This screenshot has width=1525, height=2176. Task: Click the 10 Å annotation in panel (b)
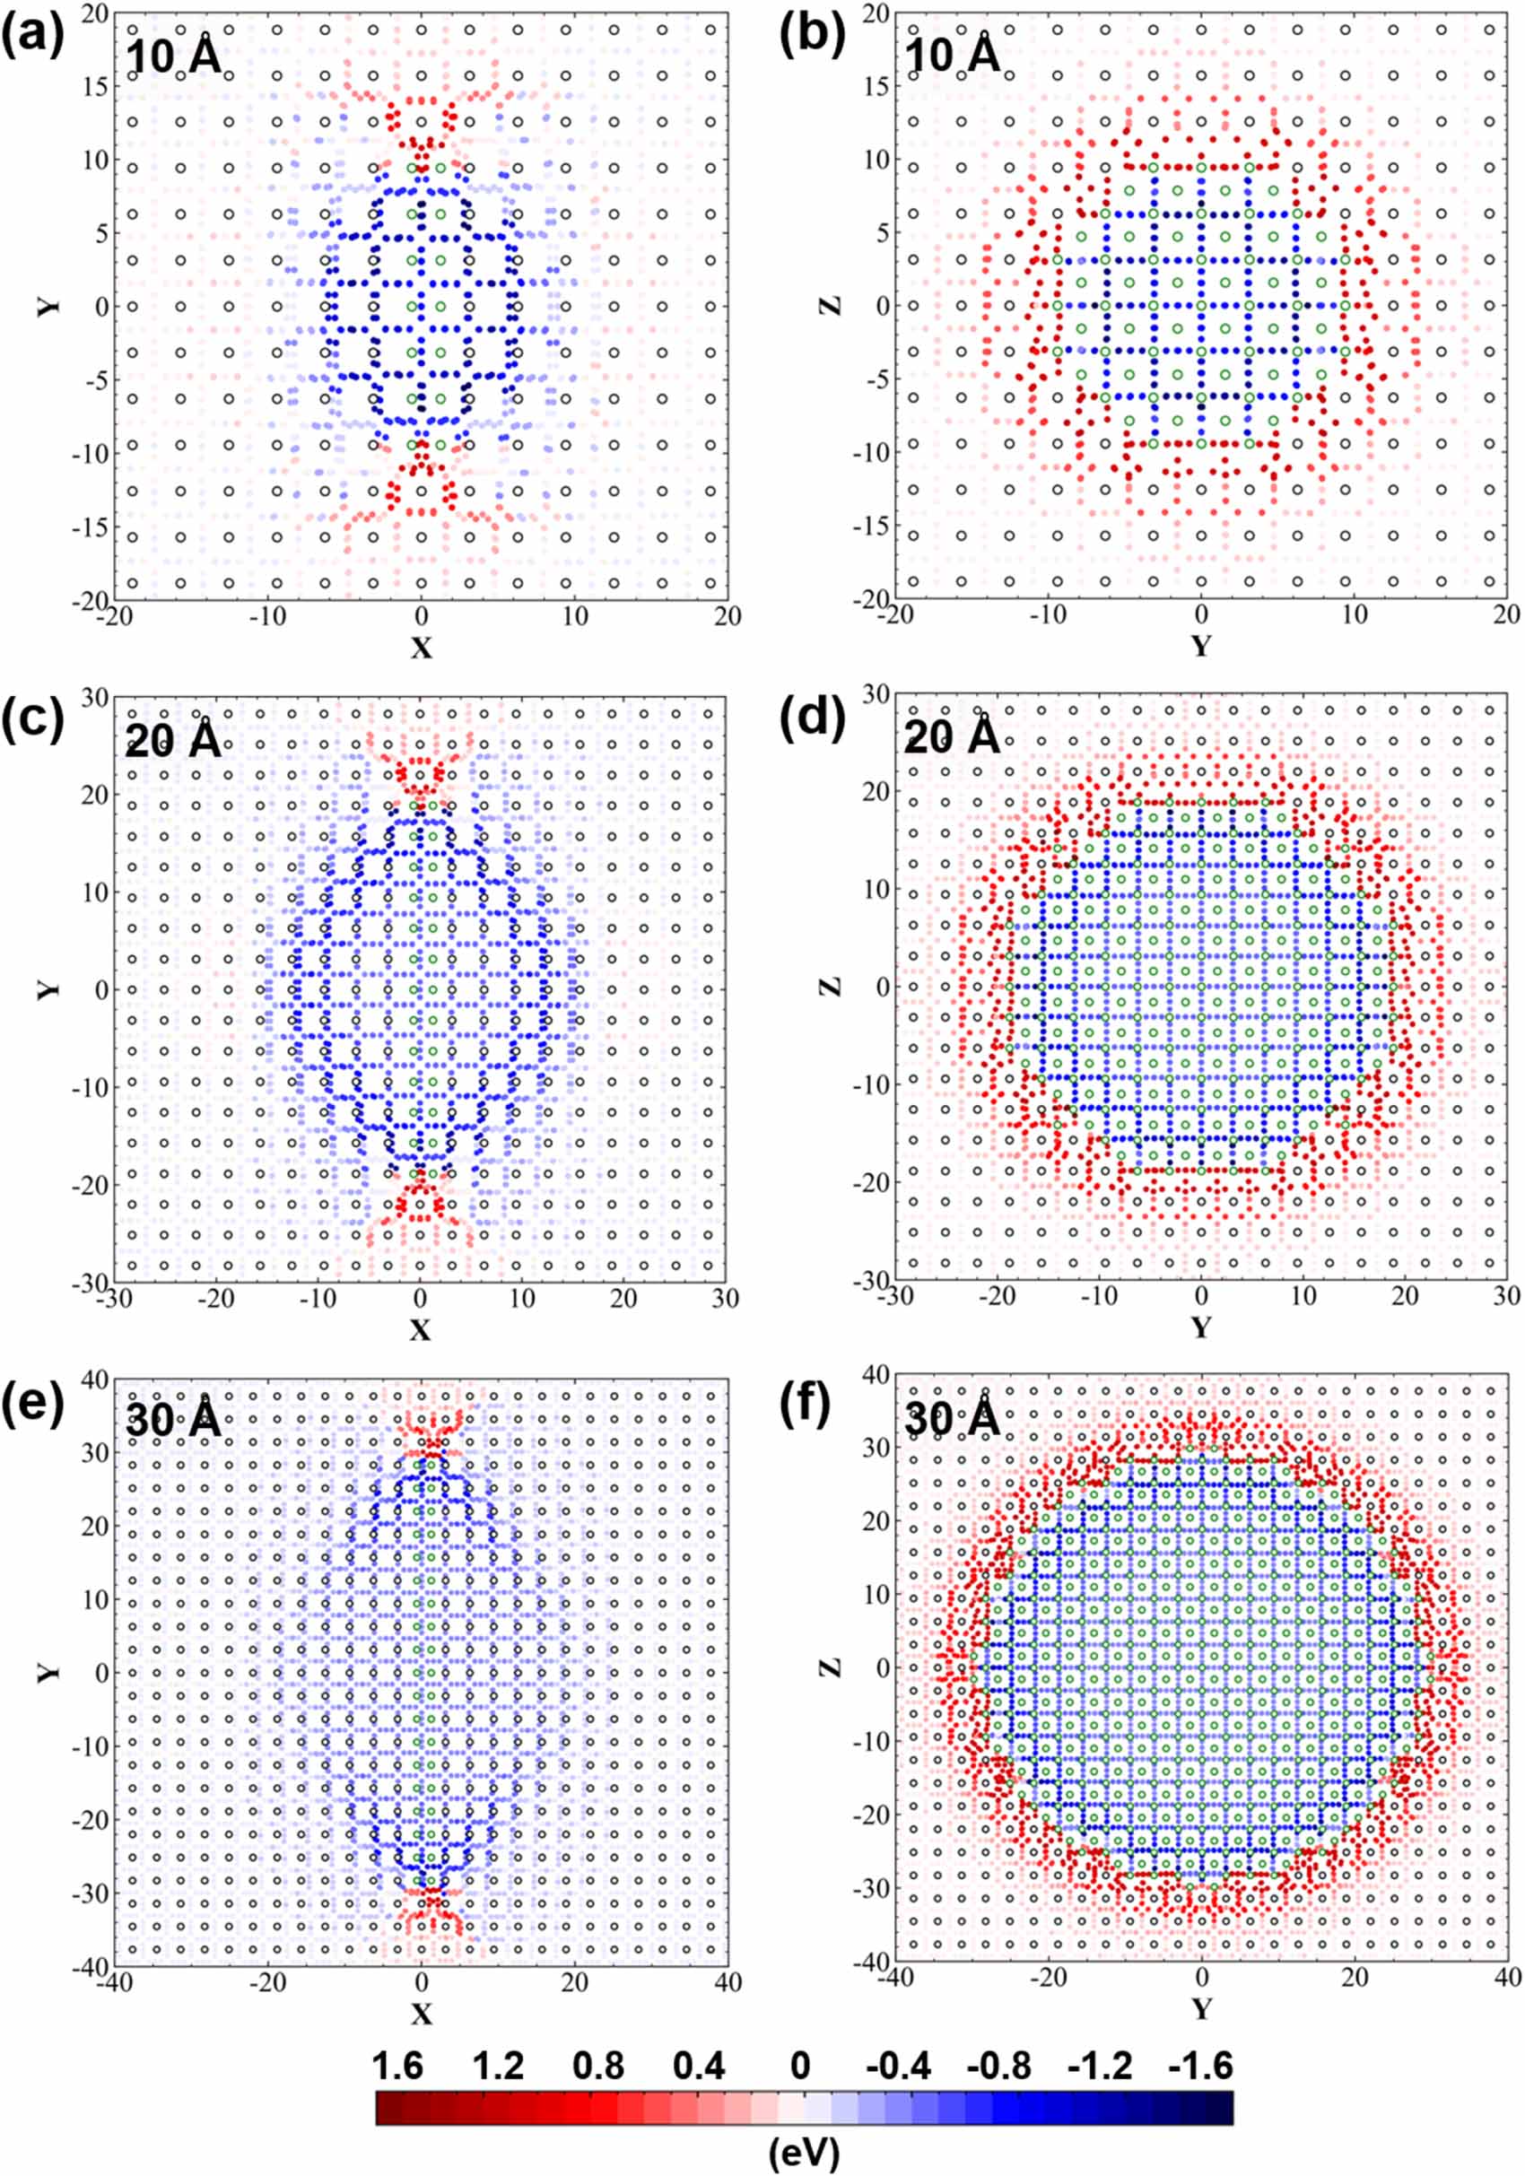tap(951, 55)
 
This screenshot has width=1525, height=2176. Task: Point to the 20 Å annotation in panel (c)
tap(172, 737)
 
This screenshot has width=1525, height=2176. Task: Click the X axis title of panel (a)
tap(421, 648)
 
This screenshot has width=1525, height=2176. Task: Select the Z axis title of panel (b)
tap(831, 306)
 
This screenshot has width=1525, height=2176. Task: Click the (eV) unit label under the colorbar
tap(804, 2152)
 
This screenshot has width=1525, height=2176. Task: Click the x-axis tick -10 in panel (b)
tap(1046, 615)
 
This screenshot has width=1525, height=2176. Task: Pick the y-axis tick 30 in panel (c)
tap(93, 697)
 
